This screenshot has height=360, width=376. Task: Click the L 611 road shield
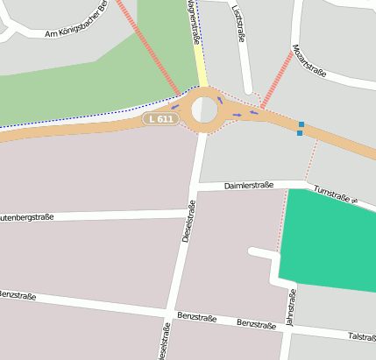click(160, 118)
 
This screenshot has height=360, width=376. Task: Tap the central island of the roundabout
click(203, 110)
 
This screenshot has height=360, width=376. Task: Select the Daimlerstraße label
click(249, 186)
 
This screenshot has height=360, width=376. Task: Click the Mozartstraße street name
click(309, 60)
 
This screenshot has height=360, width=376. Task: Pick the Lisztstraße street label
click(238, 24)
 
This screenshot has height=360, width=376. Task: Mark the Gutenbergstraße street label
click(26, 216)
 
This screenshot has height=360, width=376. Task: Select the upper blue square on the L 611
click(302, 124)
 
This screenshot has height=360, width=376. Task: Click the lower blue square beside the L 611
click(300, 133)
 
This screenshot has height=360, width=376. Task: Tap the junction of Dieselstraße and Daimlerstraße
click(195, 187)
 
